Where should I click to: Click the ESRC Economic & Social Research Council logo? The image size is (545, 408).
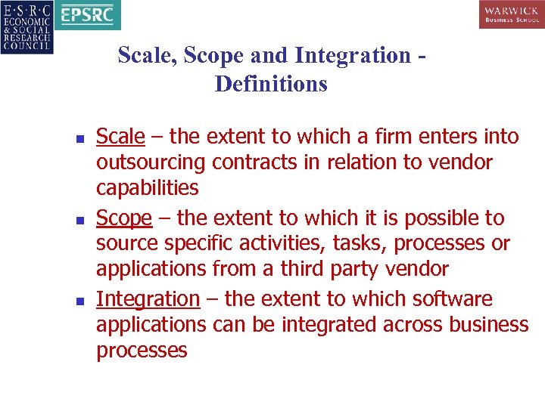click(x=27, y=26)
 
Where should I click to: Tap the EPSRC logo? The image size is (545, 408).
click(x=86, y=15)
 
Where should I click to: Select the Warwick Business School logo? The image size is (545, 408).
click(x=511, y=15)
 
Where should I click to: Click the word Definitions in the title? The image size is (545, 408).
click(x=271, y=84)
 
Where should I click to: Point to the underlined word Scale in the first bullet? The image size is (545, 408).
click(x=120, y=137)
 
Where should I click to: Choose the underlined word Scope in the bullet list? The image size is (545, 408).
click(x=124, y=218)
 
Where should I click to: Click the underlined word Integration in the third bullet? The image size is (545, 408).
click(x=148, y=300)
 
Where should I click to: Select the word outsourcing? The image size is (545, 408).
click(x=151, y=162)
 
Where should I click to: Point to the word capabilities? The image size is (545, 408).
click(x=147, y=188)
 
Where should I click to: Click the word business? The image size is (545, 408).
click(x=488, y=326)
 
